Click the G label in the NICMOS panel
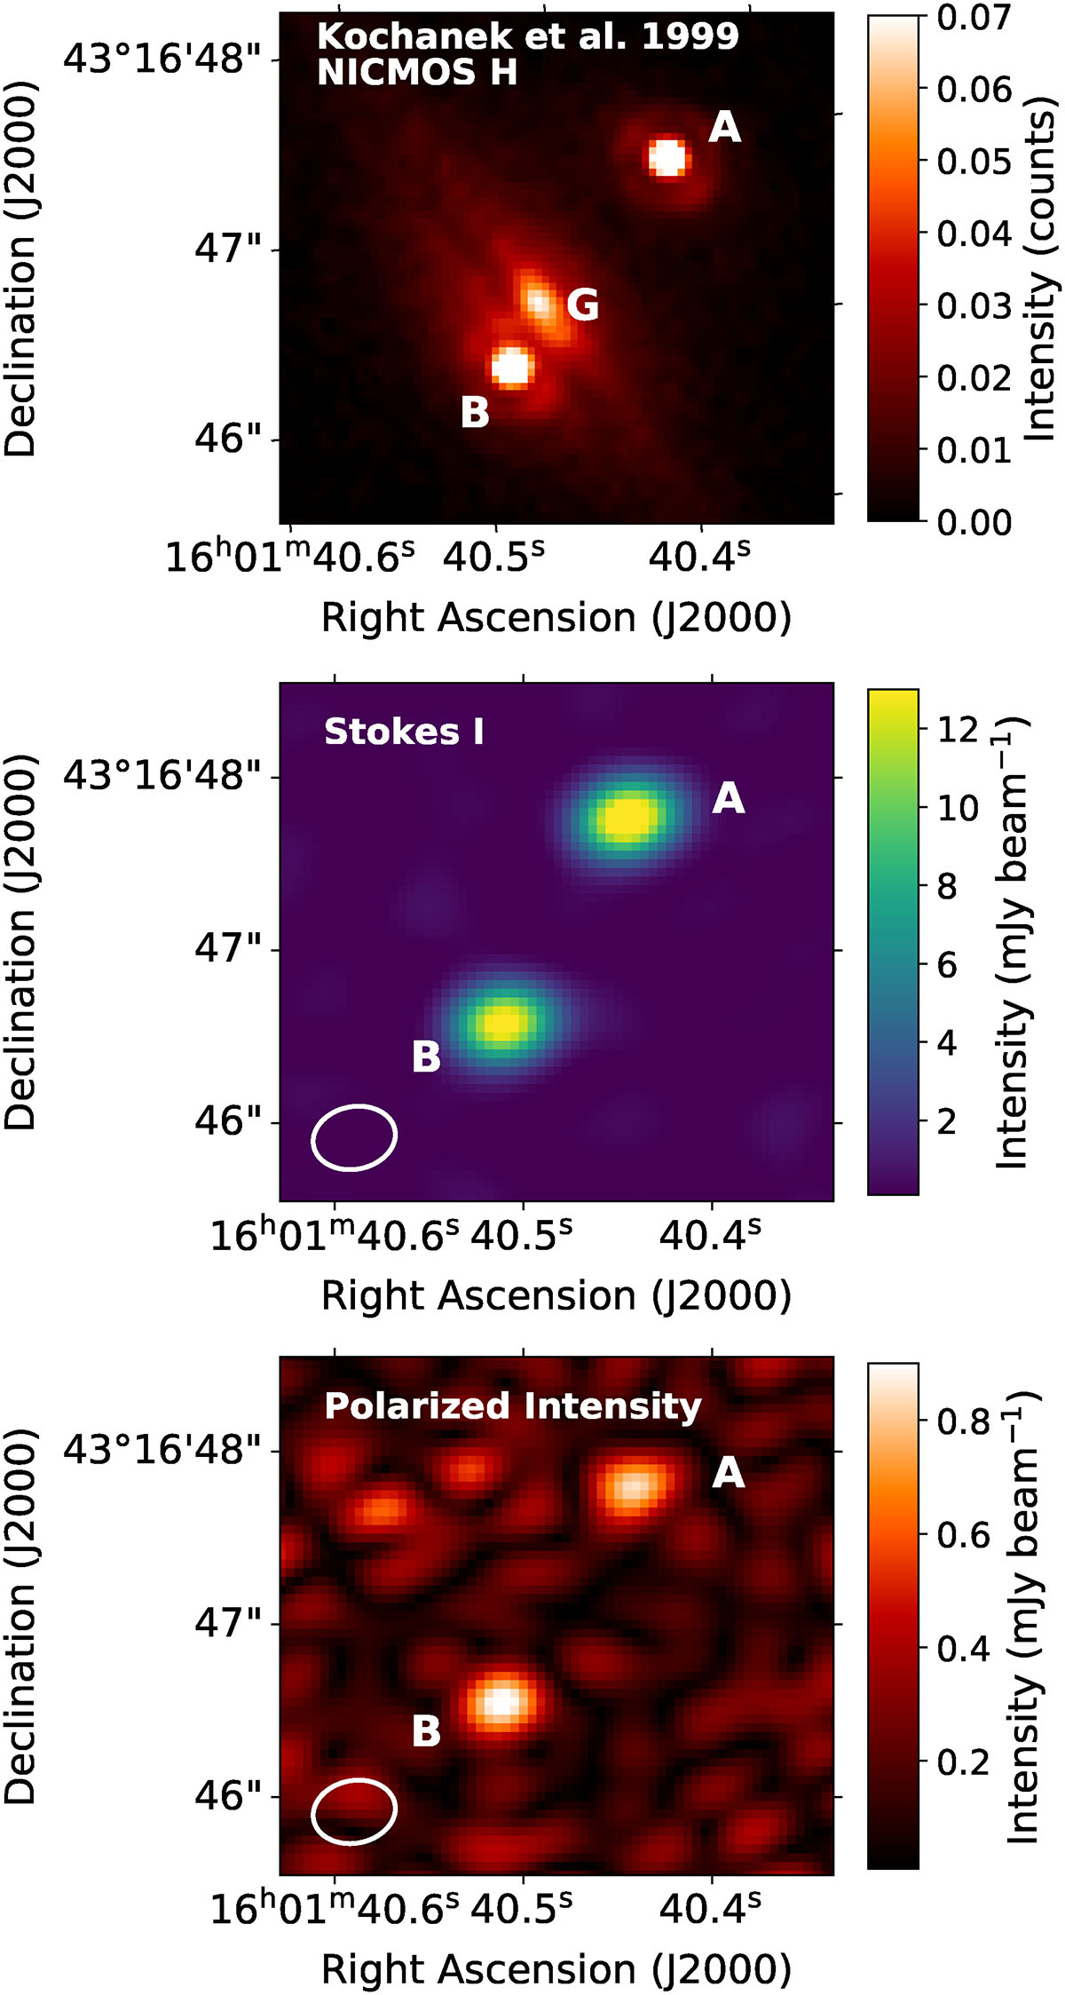point(582,305)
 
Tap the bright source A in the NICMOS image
point(667,157)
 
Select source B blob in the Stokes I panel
point(503,1022)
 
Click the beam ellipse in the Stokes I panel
point(354,1137)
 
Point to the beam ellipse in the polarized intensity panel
point(354,1811)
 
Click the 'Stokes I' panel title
point(404,732)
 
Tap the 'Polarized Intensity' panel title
point(512,1406)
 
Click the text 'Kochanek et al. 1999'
point(527,36)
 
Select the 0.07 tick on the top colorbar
point(975,18)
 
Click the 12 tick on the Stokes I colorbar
point(958,729)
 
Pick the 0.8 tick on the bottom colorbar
point(964,1421)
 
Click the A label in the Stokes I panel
point(728,799)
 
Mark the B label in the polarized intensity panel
point(426,1730)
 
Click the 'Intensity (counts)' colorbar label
point(1040,266)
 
